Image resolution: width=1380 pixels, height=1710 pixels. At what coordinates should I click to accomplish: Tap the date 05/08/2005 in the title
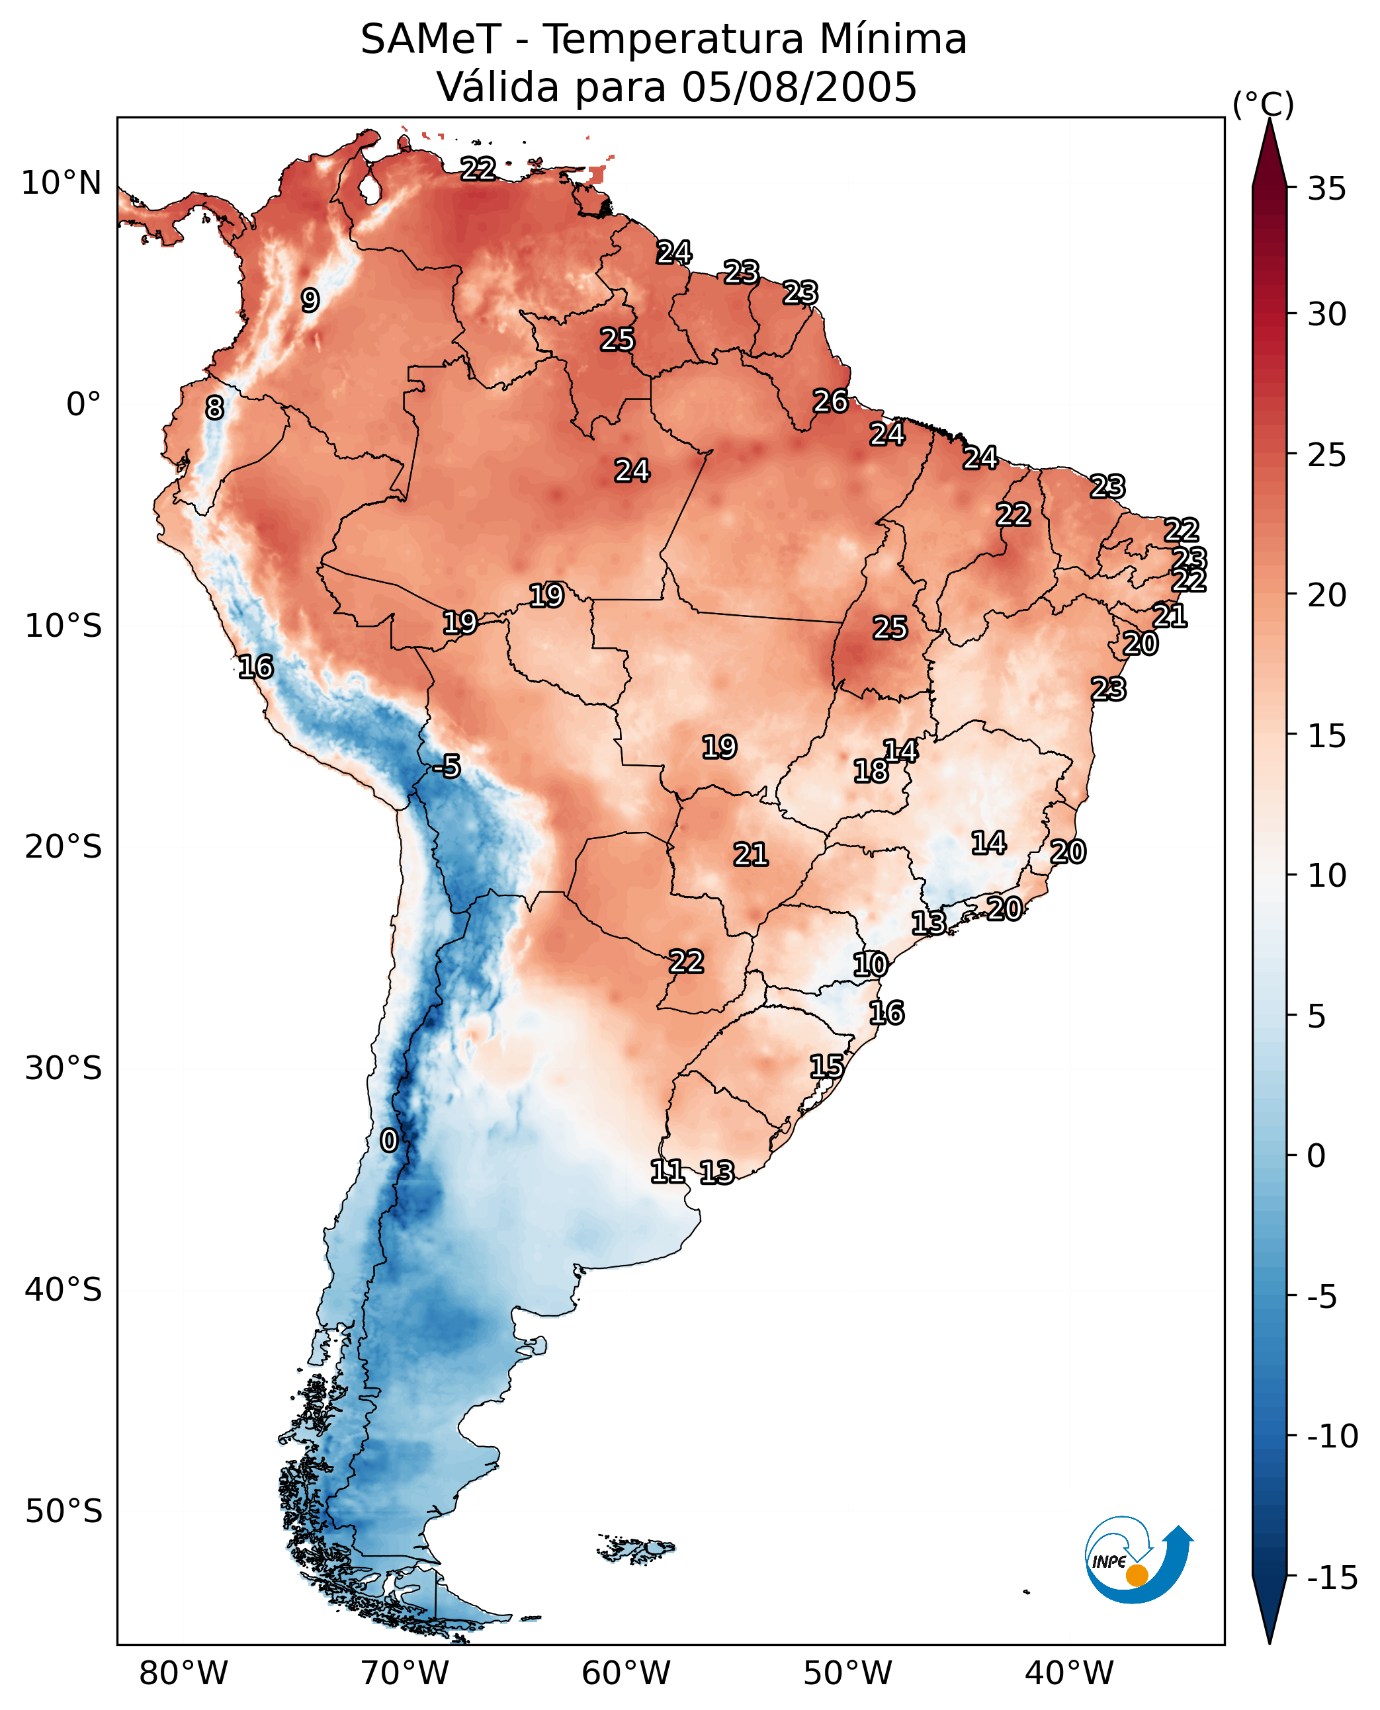pyautogui.click(x=799, y=87)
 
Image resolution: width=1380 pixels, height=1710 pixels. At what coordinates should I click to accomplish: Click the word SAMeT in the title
pyautogui.click(x=430, y=40)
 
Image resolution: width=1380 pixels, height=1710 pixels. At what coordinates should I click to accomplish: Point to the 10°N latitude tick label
pyautogui.click(x=62, y=184)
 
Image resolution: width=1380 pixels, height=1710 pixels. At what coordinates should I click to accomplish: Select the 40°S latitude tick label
pyautogui.click(x=64, y=1289)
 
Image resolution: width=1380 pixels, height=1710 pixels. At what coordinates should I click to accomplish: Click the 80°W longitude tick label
pyautogui.click(x=184, y=1673)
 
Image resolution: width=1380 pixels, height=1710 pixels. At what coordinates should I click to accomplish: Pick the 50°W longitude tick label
pyautogui.click(x=847, y=1673)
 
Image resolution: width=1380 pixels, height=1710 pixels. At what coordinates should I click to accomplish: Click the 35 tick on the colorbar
pyautogui.click(x=1326, y=189)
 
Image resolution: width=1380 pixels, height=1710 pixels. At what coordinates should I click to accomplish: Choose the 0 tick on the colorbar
pyautogui.click(x=1316, y=1156)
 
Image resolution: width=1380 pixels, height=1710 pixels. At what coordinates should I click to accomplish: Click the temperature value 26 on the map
pyautogui.click(x=831, y=401)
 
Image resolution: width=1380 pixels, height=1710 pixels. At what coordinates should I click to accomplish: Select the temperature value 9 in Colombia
pyautogui.click(x=310, y=300)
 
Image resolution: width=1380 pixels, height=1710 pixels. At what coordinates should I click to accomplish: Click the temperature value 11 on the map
pyautogui.click(x=667, y=1171)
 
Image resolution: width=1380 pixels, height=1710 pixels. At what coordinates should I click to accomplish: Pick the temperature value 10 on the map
pyautogui.click(x=871, y=965)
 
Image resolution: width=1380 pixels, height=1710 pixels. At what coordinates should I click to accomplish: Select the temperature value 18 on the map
pyautogui.click(x=871, y=771)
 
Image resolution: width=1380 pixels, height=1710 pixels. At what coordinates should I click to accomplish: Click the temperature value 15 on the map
pyautogui.click(x=827, y=1067)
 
